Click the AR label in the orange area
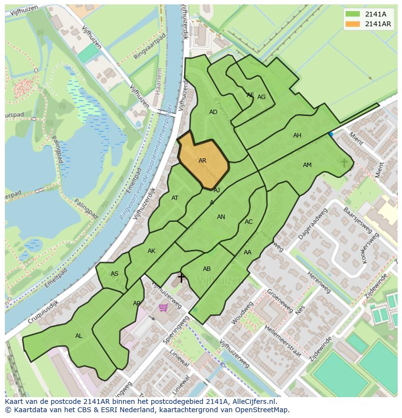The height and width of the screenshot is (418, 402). pyautogui.click(x=202, y=161)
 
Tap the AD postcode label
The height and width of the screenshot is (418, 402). pyautogui.click(x=213, y=112)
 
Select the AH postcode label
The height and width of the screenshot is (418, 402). pyautogui.click(x=297, y=135)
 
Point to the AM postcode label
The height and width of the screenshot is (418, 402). pyautogui.click(x=307, y=165)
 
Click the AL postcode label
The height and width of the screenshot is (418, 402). pyautogui.click(x=79, y=336)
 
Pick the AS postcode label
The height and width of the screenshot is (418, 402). pyautogui.click(x=115, y=274)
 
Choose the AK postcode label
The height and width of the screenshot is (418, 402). pyautogui.click(x=151, y=251)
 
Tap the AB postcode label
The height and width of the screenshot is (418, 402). pyautogui.click(x=207, y=269)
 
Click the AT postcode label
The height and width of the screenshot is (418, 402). pyautogui.click(x=175, y=198)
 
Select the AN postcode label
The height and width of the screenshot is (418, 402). pyautogui.click(x=221, y=217)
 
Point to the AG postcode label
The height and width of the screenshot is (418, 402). pyautogui.click(x=261, y=97)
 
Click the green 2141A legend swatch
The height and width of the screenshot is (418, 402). pyautogui.click(x=353, y=14)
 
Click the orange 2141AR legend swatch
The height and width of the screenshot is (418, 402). pyautogui.click(x=353, y=24)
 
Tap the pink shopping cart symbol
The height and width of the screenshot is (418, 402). pyautogui.click(x=164, y=307)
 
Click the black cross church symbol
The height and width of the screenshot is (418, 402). pyautogui.click(x=181, y=278)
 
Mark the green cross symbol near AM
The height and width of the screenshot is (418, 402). pyautogui.click(x=344, y=163)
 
